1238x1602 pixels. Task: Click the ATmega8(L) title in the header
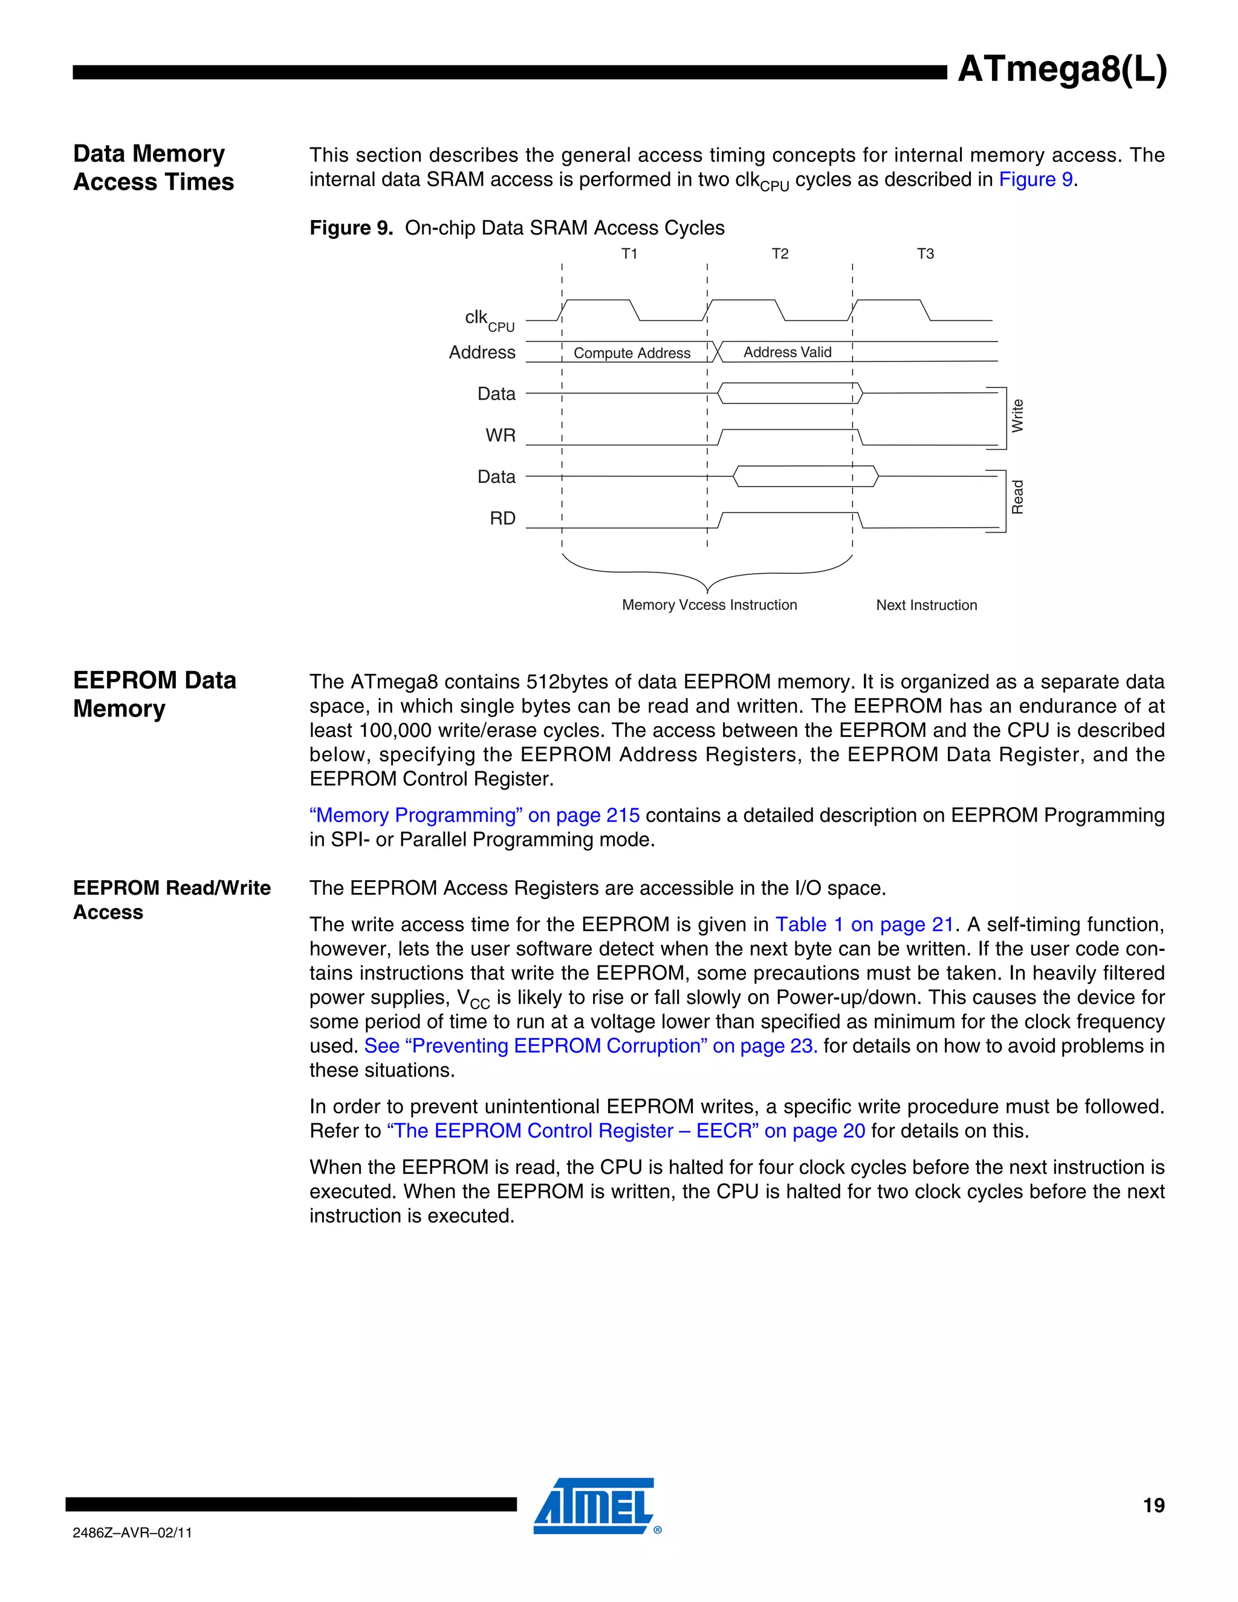click(x=1061, y=70)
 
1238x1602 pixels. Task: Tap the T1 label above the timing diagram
click(x=629, y=254)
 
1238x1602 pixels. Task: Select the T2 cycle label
click(x=780, y=254)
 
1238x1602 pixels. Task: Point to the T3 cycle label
click(x=925, y=254)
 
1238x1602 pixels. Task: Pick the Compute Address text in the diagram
click(x=632, y=353)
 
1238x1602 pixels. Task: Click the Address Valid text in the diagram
click(x=787, y=352)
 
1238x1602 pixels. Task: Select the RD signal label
click(x=502, y=518)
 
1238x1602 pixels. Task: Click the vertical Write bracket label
click(x=1017, y=416)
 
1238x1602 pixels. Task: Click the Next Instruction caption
click(x=926, y=605)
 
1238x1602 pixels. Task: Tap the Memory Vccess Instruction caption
click(x=709, y=605)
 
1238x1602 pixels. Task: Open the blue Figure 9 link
click(x=1035, y=180)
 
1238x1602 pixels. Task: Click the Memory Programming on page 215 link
click(x=475, y=815)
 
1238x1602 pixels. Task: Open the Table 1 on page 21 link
click(x=864, y=924)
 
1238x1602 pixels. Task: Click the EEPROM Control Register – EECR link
click(x=626, y=1130)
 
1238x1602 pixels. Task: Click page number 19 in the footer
click(x=1153, y=1506)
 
